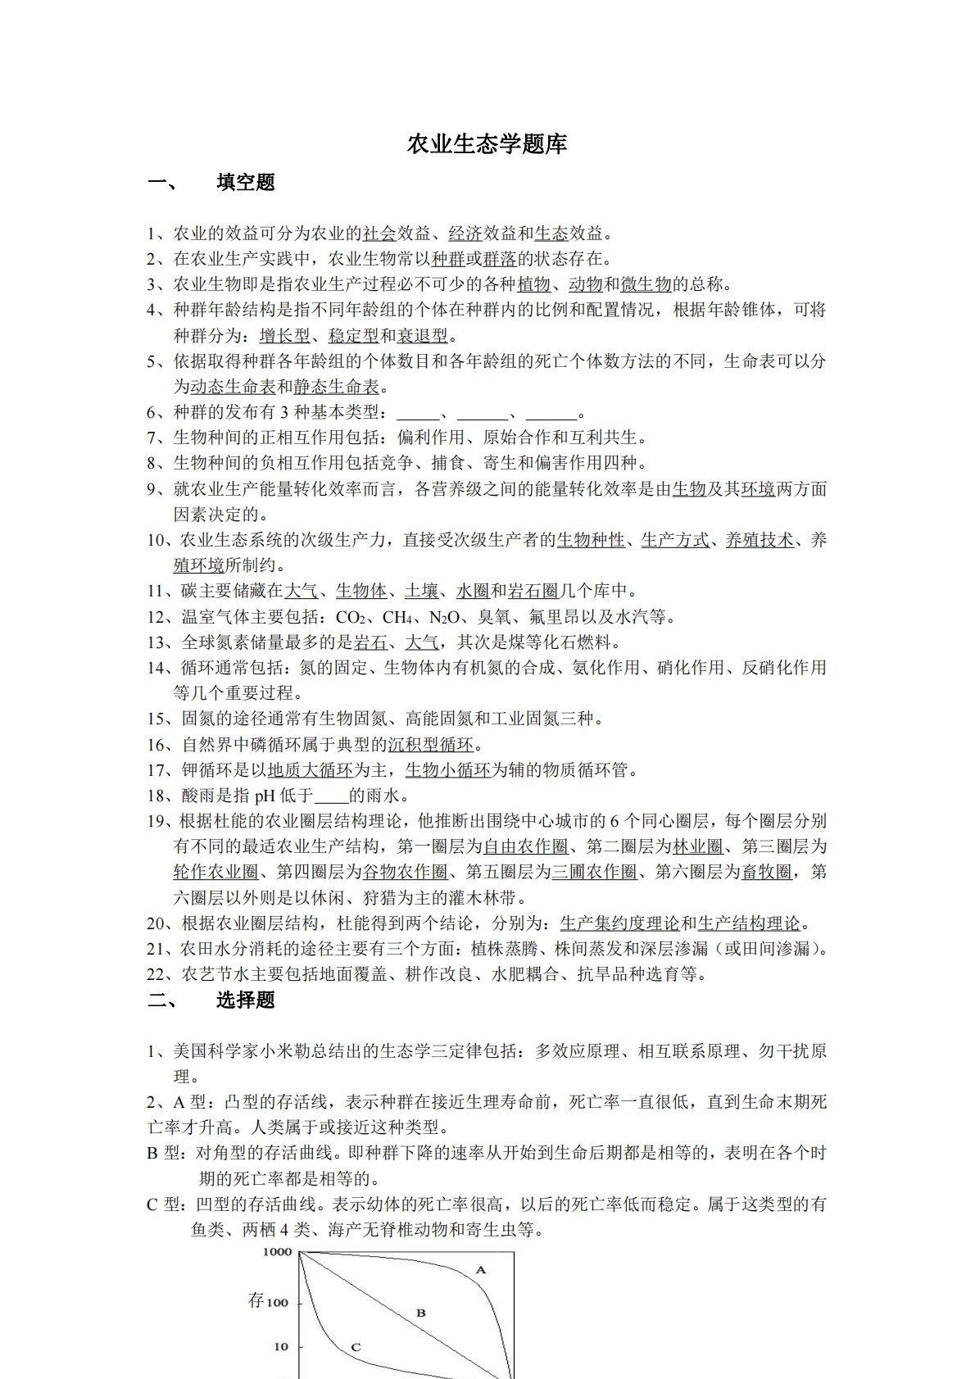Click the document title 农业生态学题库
(x=487, y=145)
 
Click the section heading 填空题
(x=246, y=183)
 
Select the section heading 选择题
(x=246, y=1000)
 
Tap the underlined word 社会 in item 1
(x=379, y=234)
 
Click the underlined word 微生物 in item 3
(x=646, y=284)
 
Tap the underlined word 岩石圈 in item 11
(x=533, y=591)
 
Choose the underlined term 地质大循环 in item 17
(x=311, y=770)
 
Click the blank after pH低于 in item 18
(x=332, y=796)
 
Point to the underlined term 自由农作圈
(x=525, y=846)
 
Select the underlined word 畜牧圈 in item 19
(x=767, y=872)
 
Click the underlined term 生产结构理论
(x=749, y=923)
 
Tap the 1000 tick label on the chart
(x=277, y=1252)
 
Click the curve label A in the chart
(x=481, y=1270)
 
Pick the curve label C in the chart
(x=356, y=1346)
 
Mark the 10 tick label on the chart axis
(x=281, y=1346)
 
